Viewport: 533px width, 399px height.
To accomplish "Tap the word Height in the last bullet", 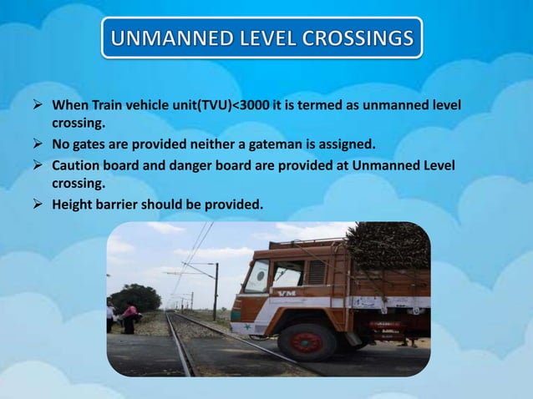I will (74, 201).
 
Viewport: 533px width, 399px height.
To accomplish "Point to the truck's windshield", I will (256, 275).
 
